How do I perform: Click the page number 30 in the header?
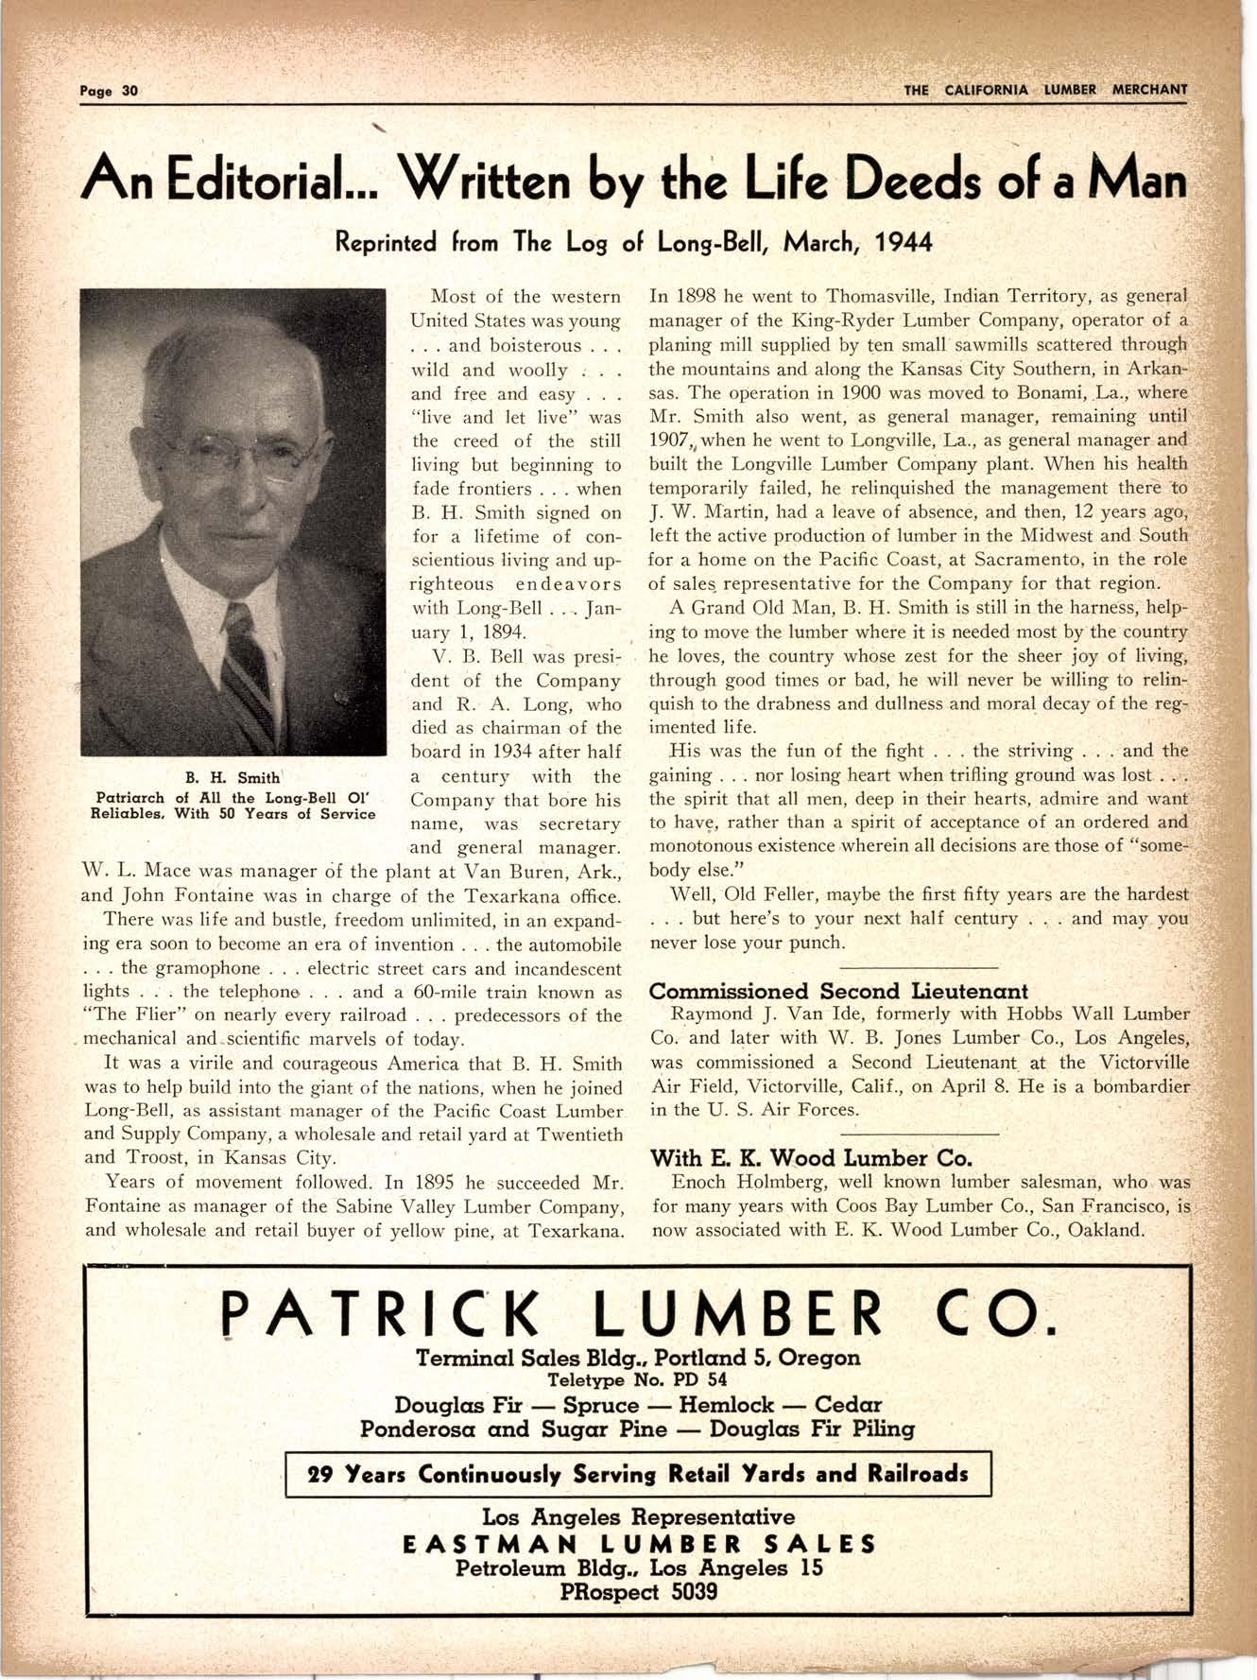tap(129, 91)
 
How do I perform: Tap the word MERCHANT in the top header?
tap(1148, 90)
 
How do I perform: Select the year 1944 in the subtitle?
tap(904, 243)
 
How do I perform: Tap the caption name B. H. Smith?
tap(232, 777)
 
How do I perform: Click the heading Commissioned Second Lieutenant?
tap(837, 991)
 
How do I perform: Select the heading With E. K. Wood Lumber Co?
tap(811, 1157)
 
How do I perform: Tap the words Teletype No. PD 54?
tap(637, 1379)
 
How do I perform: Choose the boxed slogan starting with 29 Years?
tap(638, 1474)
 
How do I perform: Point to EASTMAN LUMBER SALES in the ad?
tap(639, 1544)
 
